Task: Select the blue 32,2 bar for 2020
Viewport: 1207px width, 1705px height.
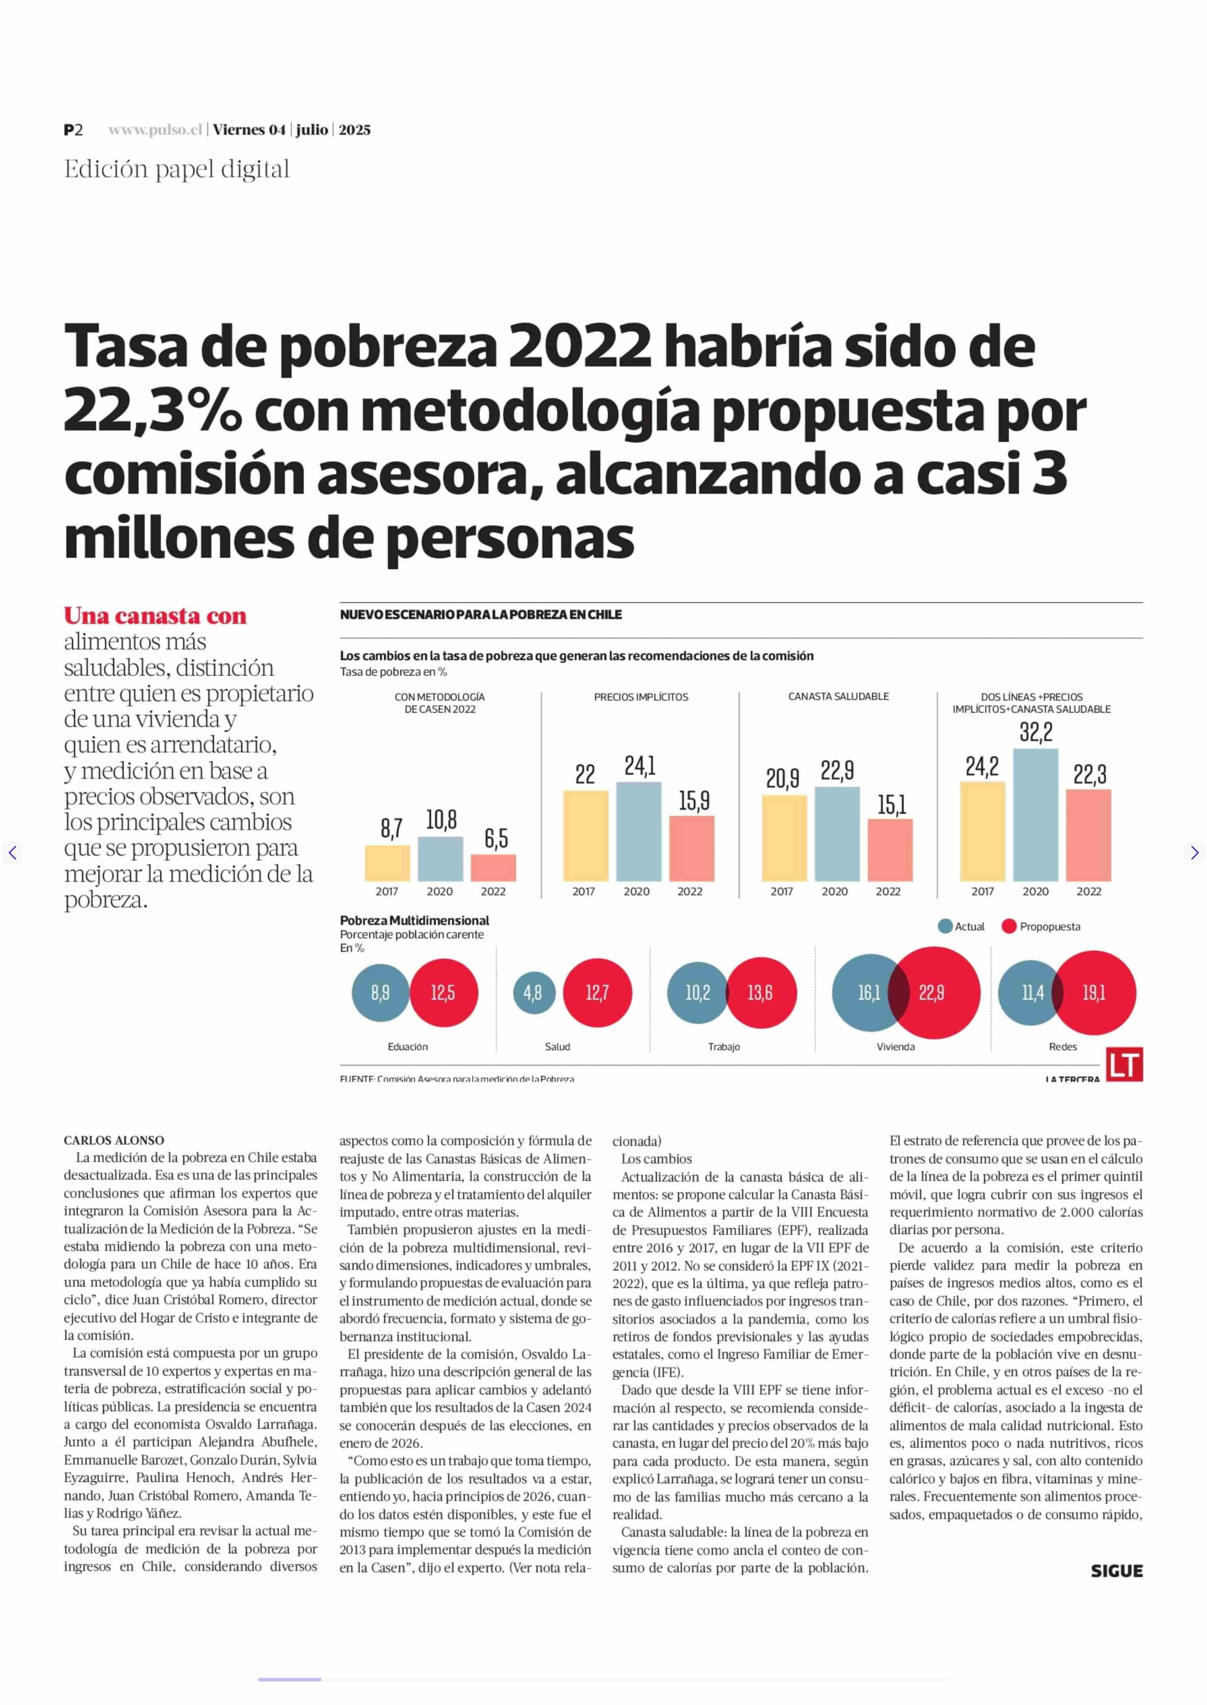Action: [1035, 815]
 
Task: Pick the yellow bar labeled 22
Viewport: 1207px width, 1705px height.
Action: [586, 836]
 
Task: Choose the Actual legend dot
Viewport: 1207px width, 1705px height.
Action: [946, 926]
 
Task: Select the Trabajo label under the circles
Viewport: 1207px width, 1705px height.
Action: [724, 1047]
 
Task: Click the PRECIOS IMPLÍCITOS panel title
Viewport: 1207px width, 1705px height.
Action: [641, 697]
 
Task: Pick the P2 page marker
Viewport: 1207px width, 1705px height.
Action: [73, 130]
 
